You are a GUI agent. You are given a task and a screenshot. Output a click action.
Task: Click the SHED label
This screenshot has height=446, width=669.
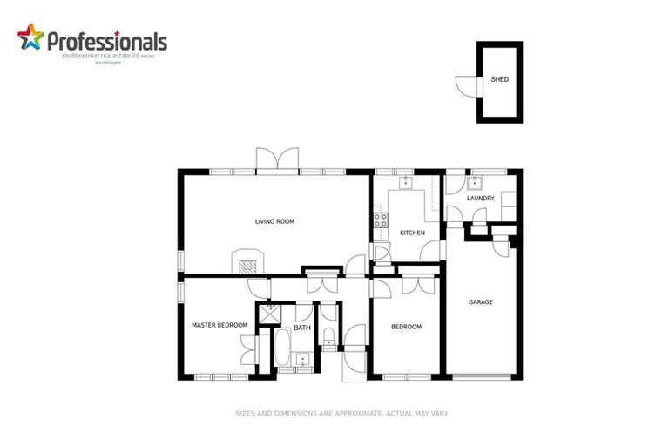pos(499,79)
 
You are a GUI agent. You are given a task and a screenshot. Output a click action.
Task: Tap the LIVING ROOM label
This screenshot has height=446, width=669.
pos(274,222)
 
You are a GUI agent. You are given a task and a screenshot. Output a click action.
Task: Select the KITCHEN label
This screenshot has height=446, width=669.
pos(412,233)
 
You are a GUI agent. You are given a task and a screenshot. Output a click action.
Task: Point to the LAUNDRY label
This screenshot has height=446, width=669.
pos(480,199)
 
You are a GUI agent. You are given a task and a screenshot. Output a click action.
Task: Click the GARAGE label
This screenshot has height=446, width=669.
pos(481,302)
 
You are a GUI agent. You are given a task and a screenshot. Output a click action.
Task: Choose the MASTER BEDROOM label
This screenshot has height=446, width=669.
pos(219,326)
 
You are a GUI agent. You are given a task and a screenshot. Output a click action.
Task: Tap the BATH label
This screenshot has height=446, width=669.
pos(301,328)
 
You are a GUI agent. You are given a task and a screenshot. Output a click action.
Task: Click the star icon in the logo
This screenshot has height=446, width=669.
pos(30,38)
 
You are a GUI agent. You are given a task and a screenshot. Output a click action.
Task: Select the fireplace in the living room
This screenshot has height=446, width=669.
pos(246,262)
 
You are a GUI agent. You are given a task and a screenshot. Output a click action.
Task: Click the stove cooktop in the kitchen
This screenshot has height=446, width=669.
pos(380,220)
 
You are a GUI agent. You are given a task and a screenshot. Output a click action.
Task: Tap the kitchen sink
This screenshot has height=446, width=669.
pos(406,183)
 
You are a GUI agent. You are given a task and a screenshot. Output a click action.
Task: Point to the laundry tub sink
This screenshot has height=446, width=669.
pos(475,183)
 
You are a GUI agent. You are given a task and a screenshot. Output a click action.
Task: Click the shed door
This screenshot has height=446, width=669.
pos(466,84)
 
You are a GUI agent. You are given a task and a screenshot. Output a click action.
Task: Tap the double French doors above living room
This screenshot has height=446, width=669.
pos(278,159)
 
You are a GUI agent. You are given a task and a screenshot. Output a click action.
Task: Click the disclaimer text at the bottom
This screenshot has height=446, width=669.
pos(341,414)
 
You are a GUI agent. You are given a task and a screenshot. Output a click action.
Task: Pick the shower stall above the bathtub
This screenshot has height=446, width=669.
pos(269,312)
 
